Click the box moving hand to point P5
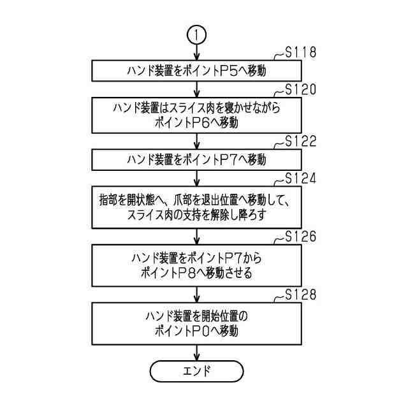click(196, 71)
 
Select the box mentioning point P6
click(196, 115)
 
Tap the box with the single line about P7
click(196, 158)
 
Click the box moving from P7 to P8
click(196, 267)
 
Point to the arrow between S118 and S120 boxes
click(196, 89)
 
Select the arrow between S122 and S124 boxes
click(196, 175)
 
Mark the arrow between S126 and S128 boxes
click(196, 295)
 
